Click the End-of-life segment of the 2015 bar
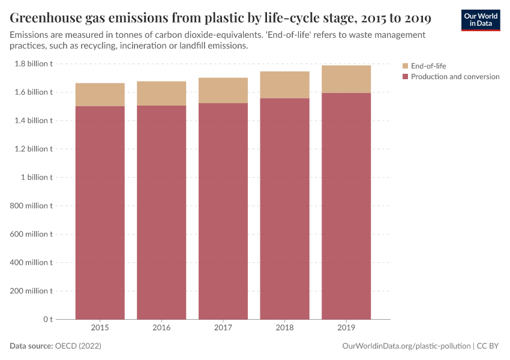coord(100,95)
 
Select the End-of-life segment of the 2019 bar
coord(346,79)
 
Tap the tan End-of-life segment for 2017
coord(223,91)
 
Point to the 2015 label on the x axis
coord(100,328)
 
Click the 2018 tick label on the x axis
coord(284,328)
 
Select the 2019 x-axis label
coord(346,328)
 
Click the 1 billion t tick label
coord(37,178)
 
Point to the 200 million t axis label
coord(31,291)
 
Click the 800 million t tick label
coord(31,206)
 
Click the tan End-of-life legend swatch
coord(405,66)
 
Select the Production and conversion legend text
coord(455,77)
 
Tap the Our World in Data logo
coord(480,20)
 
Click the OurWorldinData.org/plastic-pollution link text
coord(406,346)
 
